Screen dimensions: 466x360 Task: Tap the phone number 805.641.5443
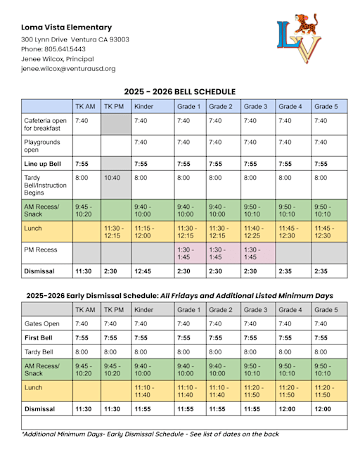point(53,49)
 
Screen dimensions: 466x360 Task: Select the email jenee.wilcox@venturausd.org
point(68,69)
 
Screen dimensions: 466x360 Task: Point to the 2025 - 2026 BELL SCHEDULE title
point(180,91)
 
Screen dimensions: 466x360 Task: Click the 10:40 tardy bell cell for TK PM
point(112,178)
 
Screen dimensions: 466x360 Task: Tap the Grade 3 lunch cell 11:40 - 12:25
point(255,232)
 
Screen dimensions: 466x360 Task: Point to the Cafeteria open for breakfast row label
point(45,124)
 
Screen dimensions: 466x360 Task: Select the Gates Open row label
point(42,323)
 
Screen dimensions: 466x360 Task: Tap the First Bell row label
point(41,338)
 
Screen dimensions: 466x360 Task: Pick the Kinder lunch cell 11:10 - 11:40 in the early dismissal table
point(146,390)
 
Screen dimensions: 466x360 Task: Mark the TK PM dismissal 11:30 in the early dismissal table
point(113,407)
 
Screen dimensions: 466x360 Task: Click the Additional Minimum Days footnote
point(150,434)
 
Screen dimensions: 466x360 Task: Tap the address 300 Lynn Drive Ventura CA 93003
point(75,39)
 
